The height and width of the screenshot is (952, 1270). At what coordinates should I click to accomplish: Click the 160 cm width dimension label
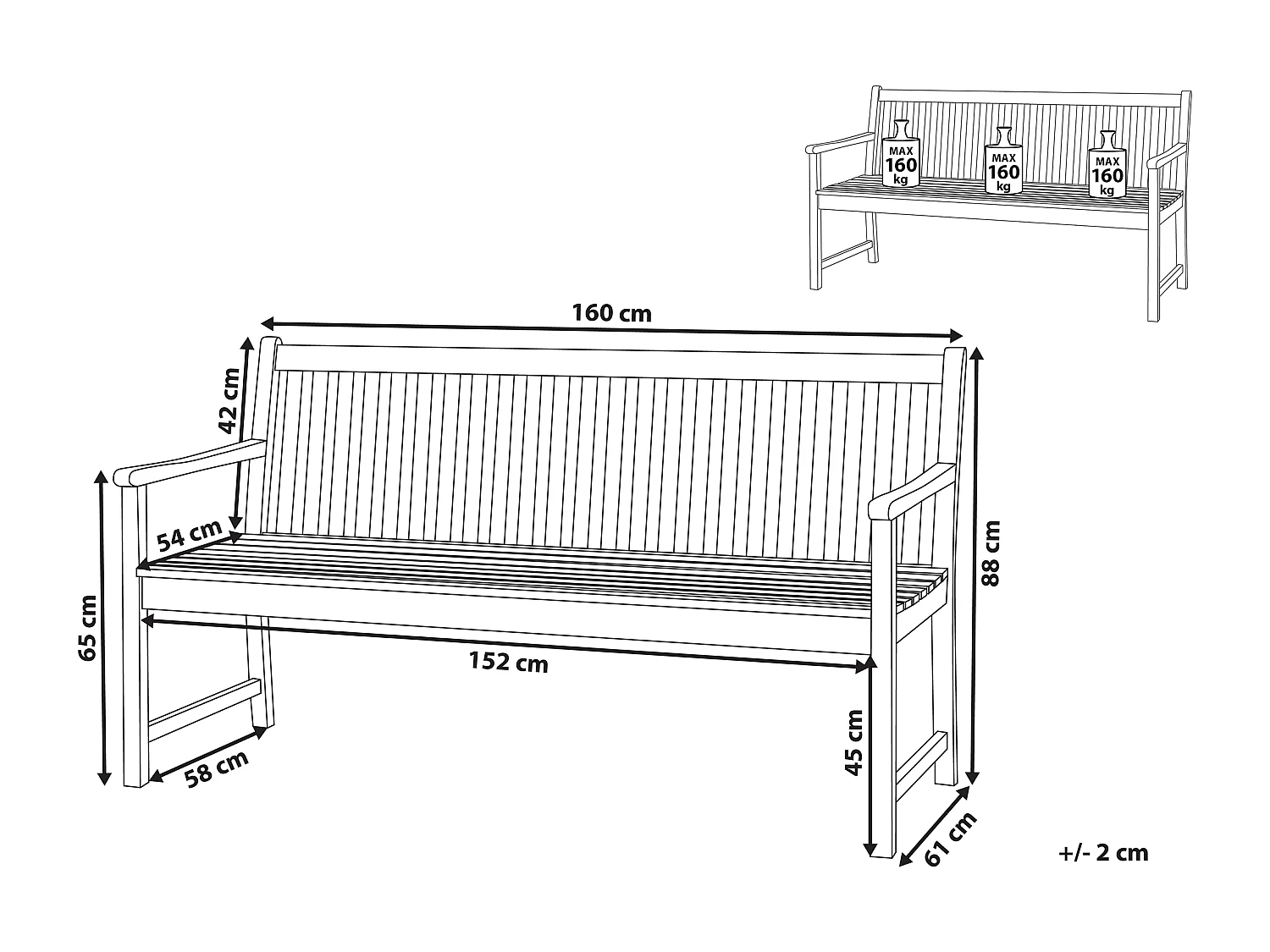[611, 313]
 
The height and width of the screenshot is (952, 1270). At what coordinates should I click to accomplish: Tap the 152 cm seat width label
[508, 663]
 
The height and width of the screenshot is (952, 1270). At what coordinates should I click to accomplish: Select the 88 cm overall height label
[991, 553]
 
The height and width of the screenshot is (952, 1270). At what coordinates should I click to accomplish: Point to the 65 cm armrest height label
[86, 627]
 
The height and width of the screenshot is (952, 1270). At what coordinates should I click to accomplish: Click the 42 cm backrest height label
[228, 399]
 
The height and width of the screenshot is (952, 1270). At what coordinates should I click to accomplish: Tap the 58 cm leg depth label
[217, 768]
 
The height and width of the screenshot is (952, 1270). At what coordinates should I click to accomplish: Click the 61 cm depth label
[950, 839]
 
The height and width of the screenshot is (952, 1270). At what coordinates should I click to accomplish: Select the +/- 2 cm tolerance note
[1103, 852]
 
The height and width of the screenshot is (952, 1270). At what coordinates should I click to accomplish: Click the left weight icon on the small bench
[900, 155]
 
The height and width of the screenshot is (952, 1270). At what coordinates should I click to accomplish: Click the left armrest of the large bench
[189, 461]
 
